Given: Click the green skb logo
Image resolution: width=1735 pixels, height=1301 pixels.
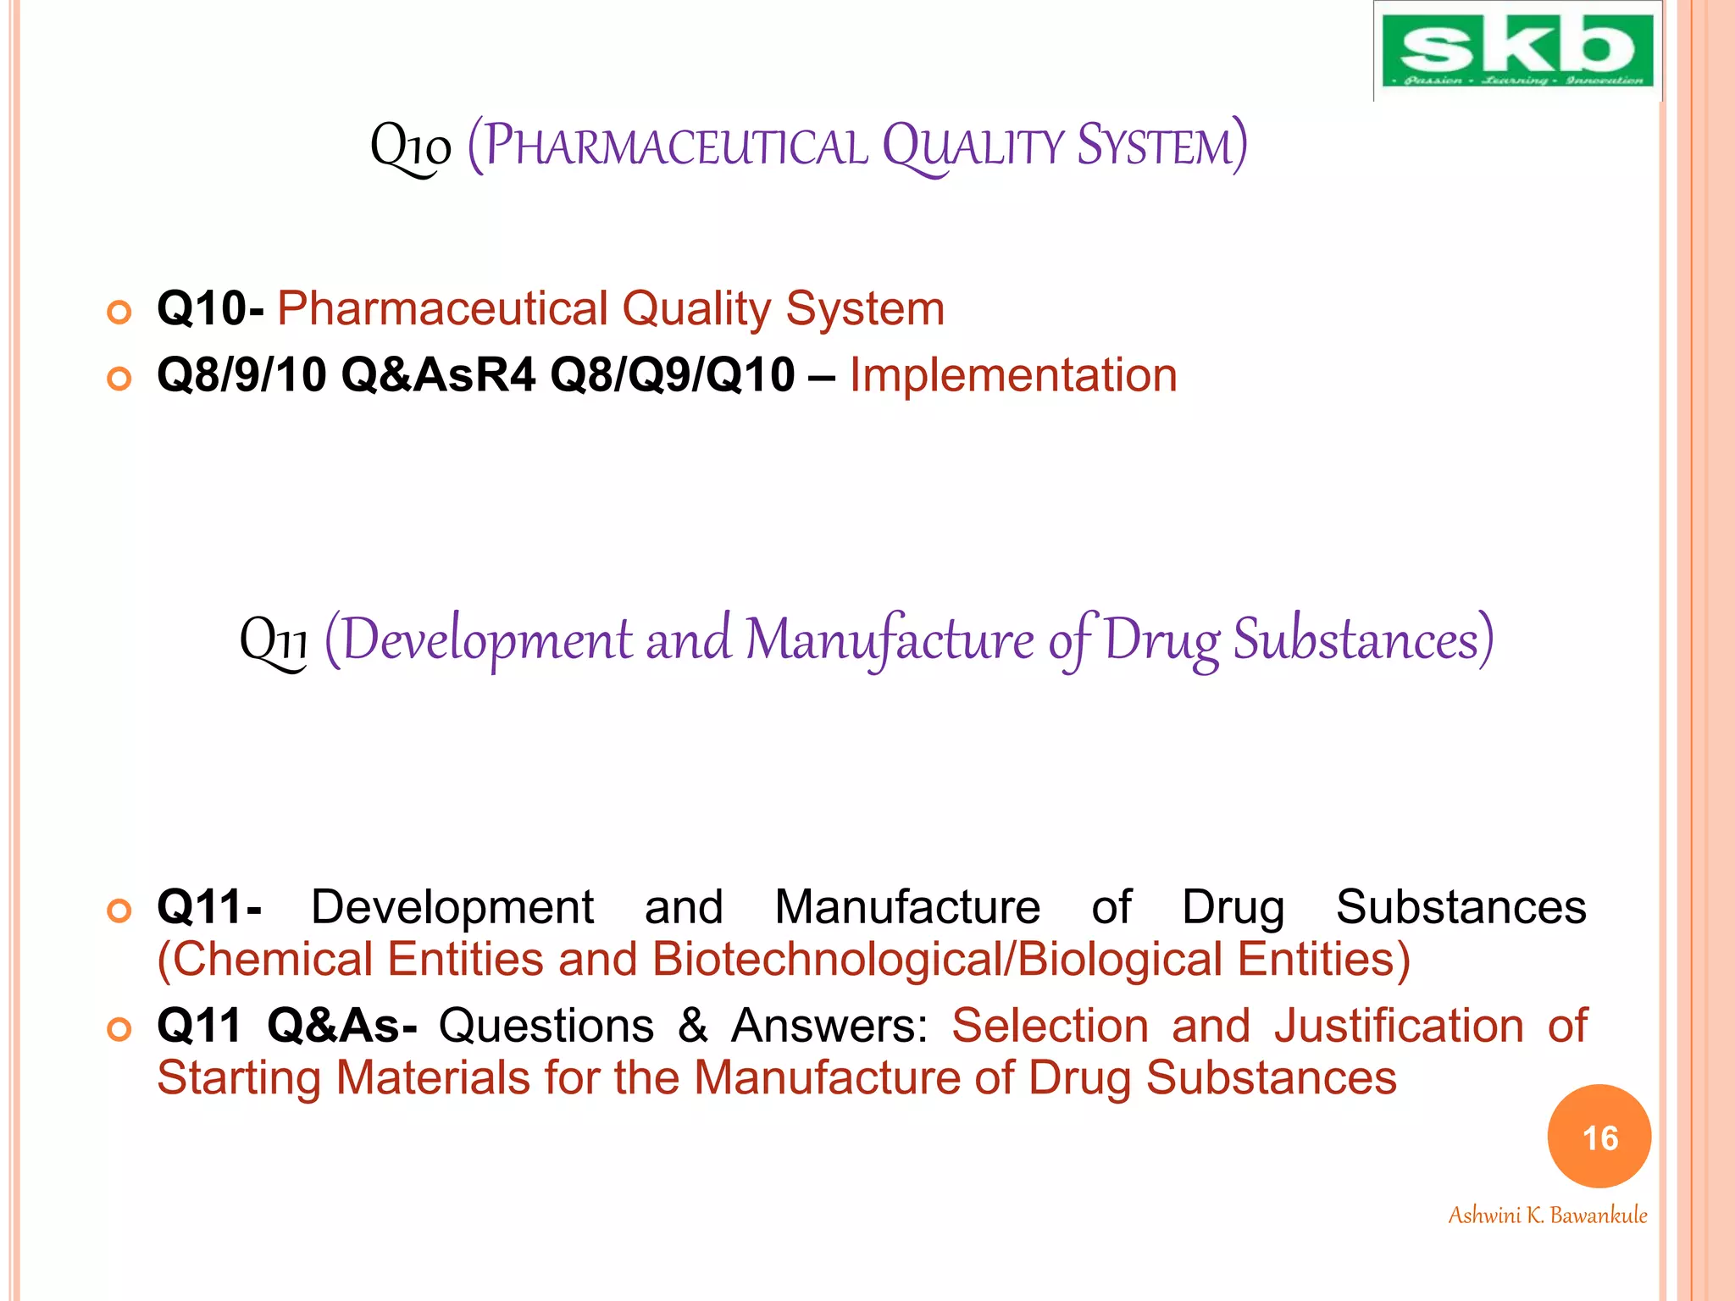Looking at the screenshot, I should pos(1516,51).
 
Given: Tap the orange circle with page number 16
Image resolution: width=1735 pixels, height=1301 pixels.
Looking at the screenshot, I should pos(1599,1137).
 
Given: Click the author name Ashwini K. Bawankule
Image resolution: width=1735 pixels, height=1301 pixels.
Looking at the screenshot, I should pos(1547,1215).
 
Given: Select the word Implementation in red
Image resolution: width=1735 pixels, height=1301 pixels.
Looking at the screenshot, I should pos(1013,375).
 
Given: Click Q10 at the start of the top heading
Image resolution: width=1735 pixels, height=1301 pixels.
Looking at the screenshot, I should pos(411,147).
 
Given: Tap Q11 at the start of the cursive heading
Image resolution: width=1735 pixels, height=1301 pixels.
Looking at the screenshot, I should pos(274,641).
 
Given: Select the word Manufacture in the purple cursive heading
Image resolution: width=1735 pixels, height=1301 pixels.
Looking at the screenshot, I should pos(889,639).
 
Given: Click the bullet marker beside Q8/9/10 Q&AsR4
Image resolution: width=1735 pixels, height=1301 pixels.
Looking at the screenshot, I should pos(119,379).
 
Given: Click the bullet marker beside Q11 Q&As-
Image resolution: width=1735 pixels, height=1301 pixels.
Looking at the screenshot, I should pos(119,1029).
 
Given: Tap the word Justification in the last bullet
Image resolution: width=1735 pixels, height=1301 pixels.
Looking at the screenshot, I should pos(1399,1026).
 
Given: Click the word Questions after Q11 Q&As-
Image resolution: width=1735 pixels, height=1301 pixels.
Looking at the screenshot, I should pos(546,1026).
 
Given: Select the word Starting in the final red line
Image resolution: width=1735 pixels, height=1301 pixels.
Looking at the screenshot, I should pos(239,1079).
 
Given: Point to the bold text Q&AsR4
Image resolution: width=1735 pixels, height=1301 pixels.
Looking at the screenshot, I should pos(438,375).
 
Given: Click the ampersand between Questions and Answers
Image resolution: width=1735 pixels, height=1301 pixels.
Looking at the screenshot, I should pos(692,1026).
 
